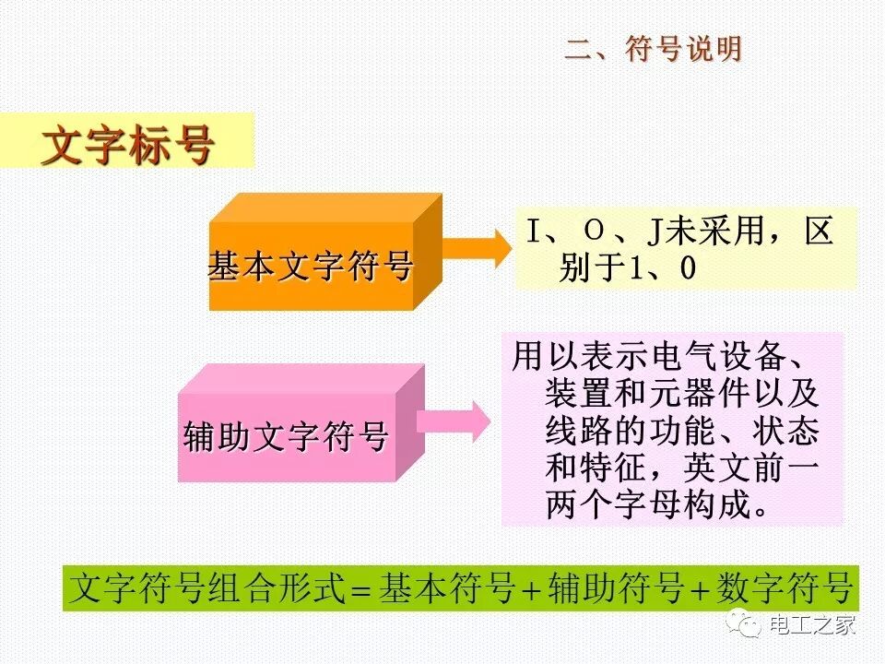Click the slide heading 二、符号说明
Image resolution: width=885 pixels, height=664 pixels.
click(x=653, y=50)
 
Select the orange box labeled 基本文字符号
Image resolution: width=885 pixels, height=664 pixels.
click(x=311, y=267)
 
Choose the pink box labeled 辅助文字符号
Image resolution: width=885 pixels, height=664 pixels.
click(x=286, y=436)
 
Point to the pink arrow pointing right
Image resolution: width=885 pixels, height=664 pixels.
click(x=456, y=421)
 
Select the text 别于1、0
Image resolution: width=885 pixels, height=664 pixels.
click(x=626, y=268)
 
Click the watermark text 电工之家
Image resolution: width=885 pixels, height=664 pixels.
click(x=812, y=624)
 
